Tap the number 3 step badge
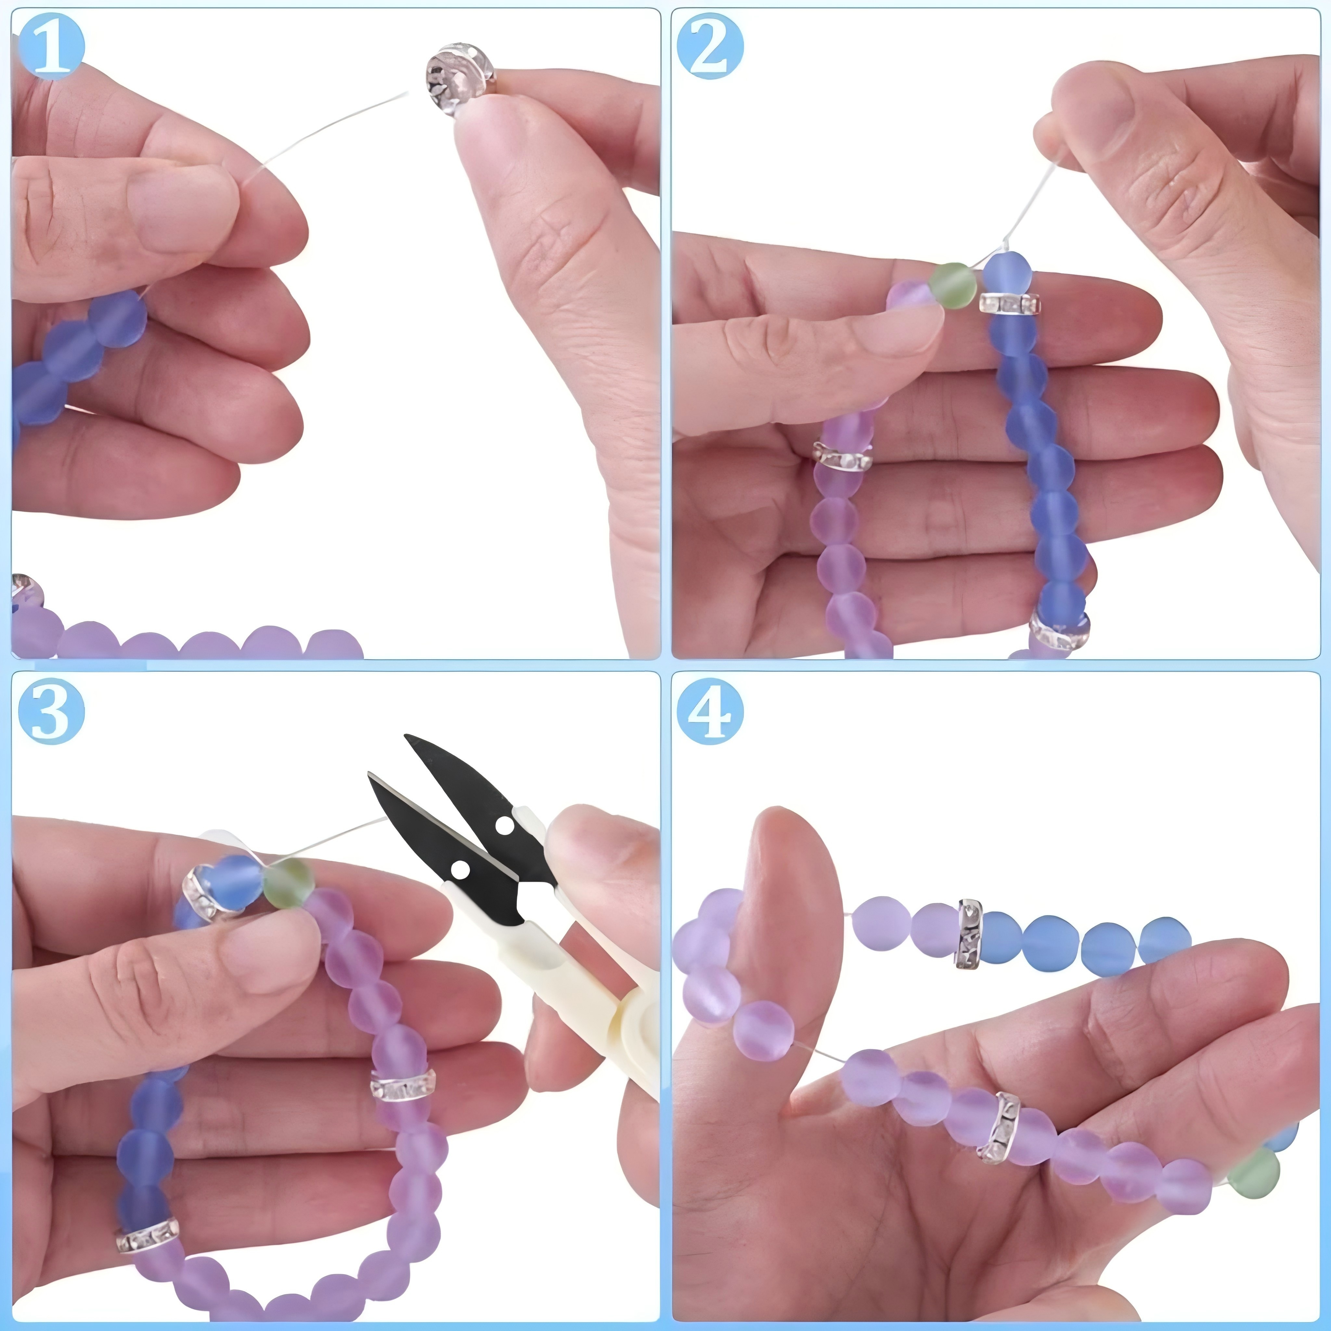[52, 710]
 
